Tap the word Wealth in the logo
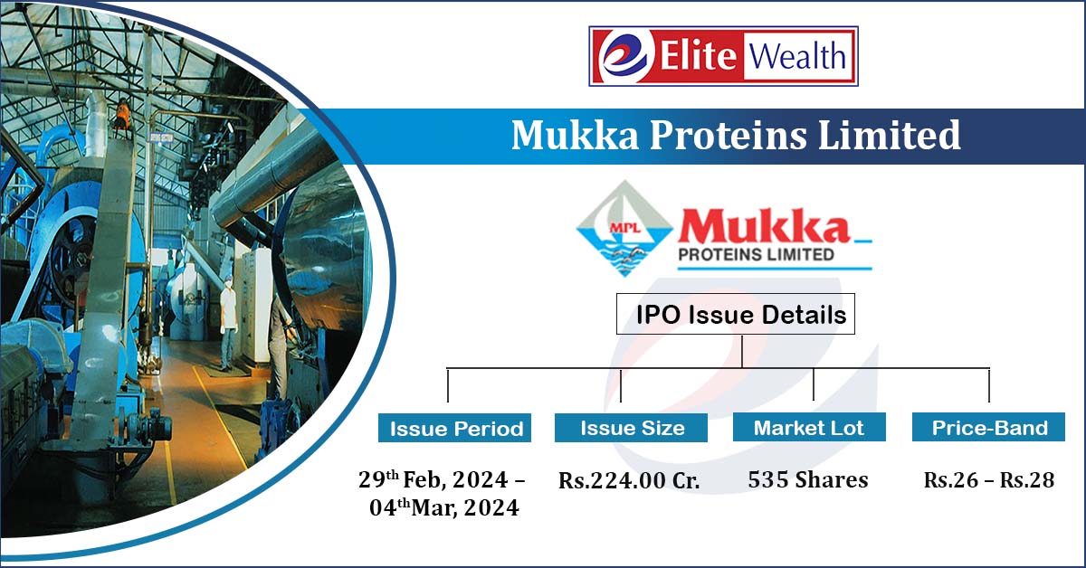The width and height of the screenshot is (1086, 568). click(x=797, y=56)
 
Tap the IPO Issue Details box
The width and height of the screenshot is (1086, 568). click(x=741, y=315)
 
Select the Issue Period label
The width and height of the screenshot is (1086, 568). click(x=456, y=429)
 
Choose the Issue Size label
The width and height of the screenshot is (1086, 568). click(x=632, y=428)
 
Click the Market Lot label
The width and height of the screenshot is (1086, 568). click(x=809, y=428)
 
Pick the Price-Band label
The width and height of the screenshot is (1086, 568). click(x=989, y=428)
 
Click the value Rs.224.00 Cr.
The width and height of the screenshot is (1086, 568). click(x=629, y=480)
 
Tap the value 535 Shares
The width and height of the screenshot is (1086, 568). click(x=807, y=479)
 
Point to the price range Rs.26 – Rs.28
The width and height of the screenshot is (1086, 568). click(x=989, y=480)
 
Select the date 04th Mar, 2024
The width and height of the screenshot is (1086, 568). click(x=443, y=508)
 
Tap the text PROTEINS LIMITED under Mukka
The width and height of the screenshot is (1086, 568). click(x=756, y=255)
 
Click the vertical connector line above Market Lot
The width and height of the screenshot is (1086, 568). click(x=814, y=384)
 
